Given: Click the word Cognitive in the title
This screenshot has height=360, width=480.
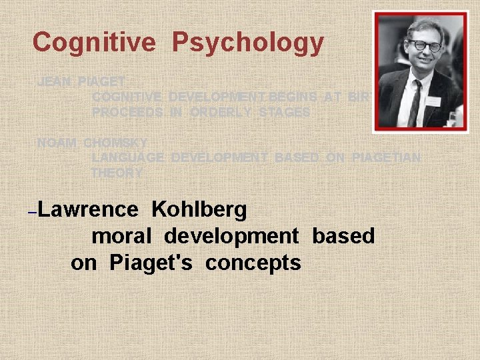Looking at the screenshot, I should tap(94, 43).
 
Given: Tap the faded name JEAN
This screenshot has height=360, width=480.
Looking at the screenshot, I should tap(54, 82).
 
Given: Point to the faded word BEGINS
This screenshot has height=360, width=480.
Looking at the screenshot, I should tap(293, 97).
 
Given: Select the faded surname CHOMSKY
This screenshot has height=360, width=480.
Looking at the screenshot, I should tap(116, 143).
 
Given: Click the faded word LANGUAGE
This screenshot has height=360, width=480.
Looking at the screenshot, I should tap(128, 157).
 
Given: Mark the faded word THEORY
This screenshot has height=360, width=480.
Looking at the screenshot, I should tap(117, 173).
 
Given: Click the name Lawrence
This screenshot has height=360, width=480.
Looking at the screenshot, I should tap(88, 209).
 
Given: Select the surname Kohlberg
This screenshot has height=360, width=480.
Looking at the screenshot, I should tap(199, 209).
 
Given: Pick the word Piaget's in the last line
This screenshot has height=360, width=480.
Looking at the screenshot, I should tap(151, 263).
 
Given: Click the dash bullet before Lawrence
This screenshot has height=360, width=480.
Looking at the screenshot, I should tap(33, 211).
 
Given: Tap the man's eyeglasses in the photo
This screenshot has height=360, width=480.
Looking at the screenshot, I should tap(425, 46).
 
